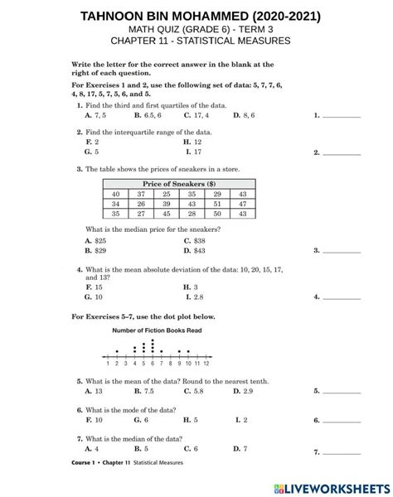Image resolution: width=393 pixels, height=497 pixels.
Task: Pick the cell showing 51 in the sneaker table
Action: click(216, 203)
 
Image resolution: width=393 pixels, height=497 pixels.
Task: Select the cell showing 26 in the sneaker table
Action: click(141, 203)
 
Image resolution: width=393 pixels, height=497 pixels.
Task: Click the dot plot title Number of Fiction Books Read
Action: click(158, 330)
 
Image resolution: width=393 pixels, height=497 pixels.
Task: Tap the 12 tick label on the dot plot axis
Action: click(206, 363)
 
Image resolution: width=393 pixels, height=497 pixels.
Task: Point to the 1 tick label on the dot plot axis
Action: click(109, 363)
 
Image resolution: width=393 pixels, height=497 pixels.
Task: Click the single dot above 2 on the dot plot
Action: click(117, 351)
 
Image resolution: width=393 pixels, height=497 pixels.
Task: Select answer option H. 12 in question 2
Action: click(192, 142)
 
